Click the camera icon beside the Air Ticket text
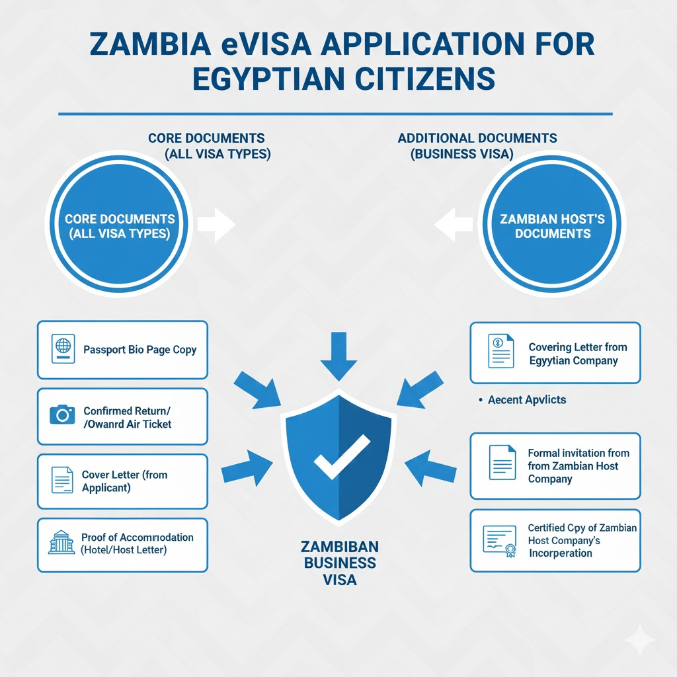tap(62, 415)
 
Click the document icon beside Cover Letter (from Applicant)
tap(62, 481)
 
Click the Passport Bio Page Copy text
tap(139, 349)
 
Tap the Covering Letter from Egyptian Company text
tap(577, 354)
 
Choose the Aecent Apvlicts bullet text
tap(526, 400)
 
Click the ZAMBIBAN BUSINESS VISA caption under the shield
tap(338, 563)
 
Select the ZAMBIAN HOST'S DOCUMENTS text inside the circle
tap(553, 226)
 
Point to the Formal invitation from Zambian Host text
tap(578, 465)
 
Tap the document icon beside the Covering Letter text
tap(500, 350)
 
